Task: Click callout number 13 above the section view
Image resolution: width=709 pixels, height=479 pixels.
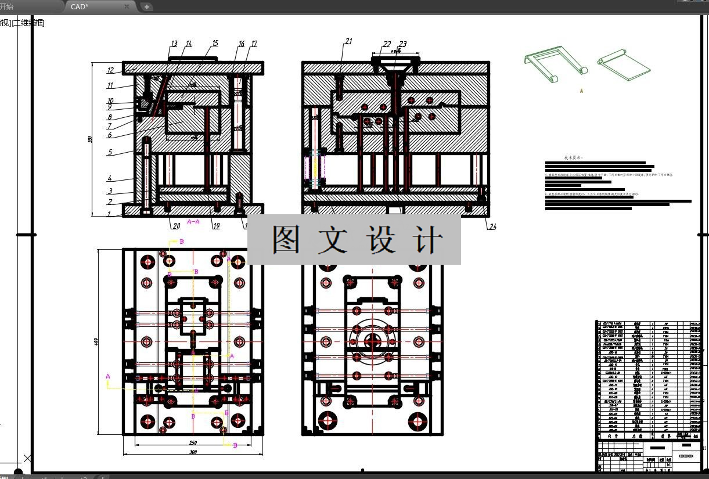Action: (174, 44)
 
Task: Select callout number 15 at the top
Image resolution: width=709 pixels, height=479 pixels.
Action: (215, 44)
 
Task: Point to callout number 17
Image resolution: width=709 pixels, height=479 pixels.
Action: (254, 44)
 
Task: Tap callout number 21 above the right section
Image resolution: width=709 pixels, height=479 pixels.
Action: (348, 41)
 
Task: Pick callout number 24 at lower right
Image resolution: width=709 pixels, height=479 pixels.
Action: (492, 227)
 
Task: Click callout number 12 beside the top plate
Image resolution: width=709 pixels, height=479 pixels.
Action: (110, 71)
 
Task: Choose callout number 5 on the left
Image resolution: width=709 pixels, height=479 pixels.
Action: (110, 153)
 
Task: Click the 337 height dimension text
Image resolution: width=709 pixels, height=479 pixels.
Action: (91, 139)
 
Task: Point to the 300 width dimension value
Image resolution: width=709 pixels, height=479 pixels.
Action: (193, 452)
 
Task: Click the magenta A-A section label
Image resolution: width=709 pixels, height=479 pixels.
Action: (193, 222)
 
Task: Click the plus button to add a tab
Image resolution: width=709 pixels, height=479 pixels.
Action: (147, 7)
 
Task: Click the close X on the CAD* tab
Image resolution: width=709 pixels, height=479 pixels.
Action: (127, 6)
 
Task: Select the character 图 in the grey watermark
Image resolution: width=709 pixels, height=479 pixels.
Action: (287, 240)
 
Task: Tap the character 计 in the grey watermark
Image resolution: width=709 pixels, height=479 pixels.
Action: (428, 240)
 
